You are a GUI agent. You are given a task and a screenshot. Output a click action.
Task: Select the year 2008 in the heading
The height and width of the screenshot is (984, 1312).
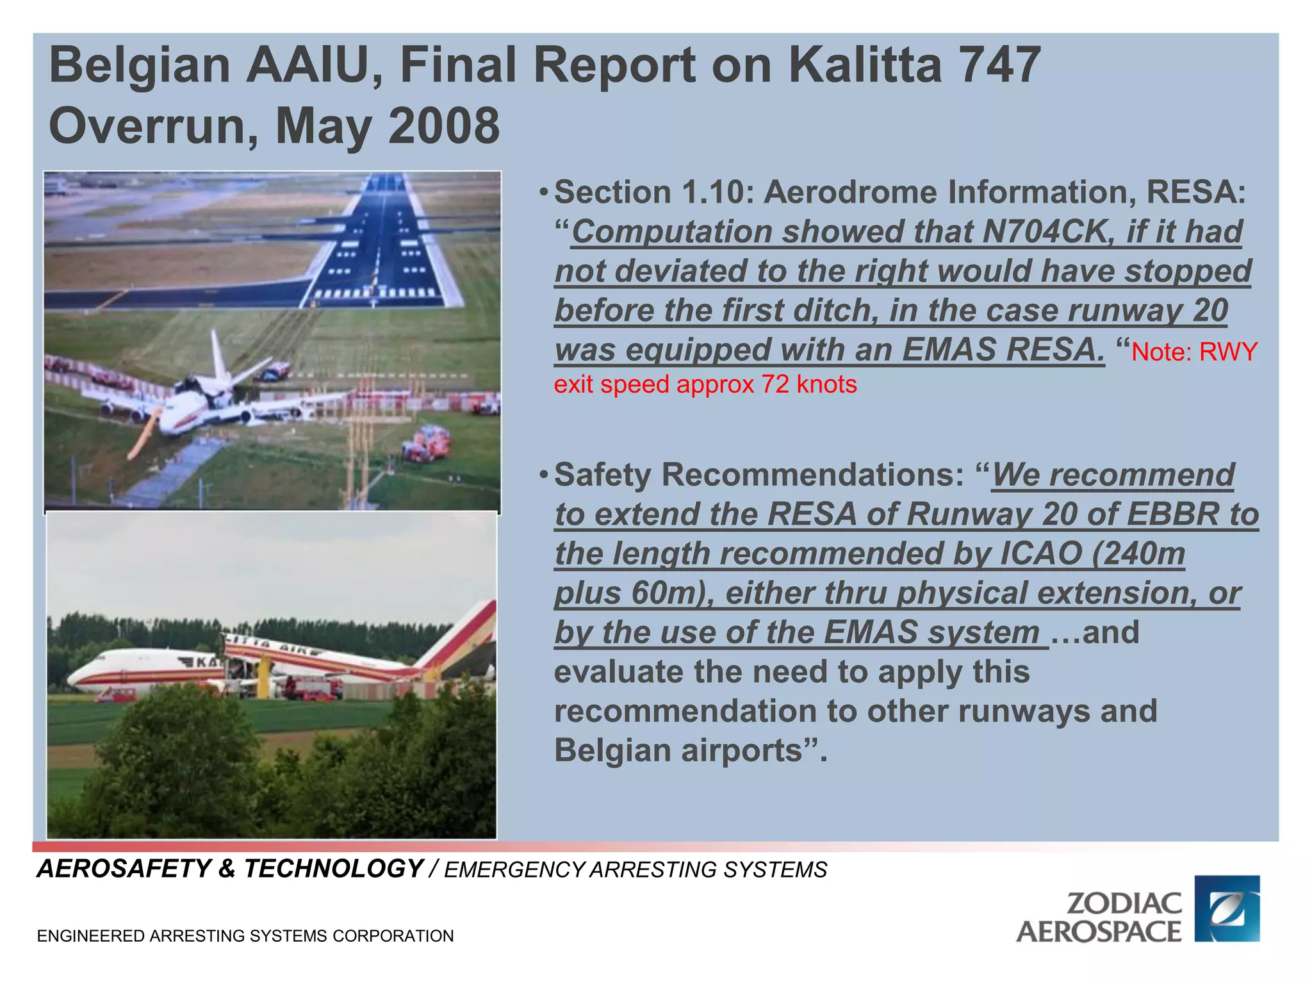coord(443,126)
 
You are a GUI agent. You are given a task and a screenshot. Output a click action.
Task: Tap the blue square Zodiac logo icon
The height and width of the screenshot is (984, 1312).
coord(1227,908)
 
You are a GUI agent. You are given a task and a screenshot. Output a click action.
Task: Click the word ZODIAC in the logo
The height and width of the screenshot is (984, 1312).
coord(1124,903)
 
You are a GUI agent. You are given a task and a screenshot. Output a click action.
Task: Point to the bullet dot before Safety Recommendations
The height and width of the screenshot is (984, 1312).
coord(543,475)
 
